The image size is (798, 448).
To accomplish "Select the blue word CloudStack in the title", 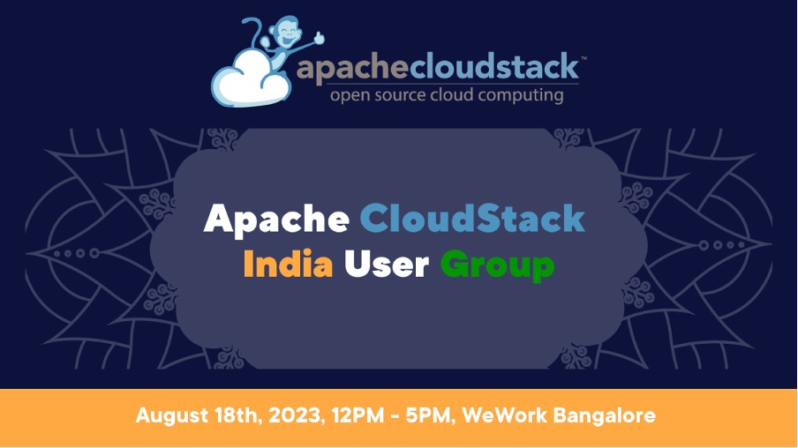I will tap(472, 218).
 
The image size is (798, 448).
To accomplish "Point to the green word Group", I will tap(497, 265).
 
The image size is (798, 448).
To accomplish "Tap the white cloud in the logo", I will tap(251, 79).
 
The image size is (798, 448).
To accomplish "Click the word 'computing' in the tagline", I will tap(520, 95).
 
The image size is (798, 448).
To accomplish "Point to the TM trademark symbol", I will tap(583, 58).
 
